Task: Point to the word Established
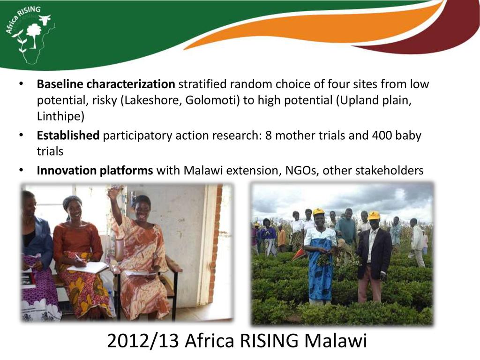[x=68, y=135]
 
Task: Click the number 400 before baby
[x=382, y=135]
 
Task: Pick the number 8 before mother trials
[x=268, y=135]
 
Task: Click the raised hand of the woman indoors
[x=113, y=192]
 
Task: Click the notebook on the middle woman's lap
[x=88, y=268]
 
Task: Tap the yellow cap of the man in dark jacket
[x=374, y=216]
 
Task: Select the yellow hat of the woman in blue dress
[x=319, y=212]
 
